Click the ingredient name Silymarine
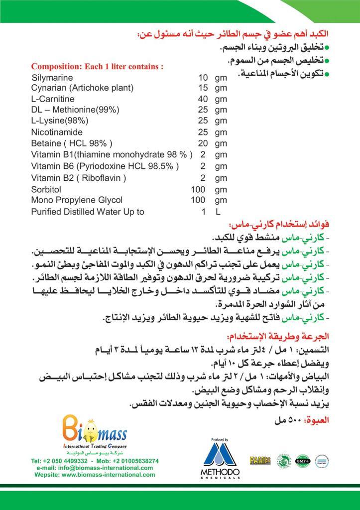[x=52, y=78]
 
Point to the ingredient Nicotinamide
[x=56, y=132]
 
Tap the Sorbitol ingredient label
[x=45, y=189]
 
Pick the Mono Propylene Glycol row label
[x=76, y=200]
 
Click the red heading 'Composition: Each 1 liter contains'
[x=98, y=66]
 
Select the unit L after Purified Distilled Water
[x=218, y=212]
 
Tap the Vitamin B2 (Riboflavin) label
[x=78, y=178]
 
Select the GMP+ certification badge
[x=302, y=460]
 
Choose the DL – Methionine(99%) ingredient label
[x=75, y=110]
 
